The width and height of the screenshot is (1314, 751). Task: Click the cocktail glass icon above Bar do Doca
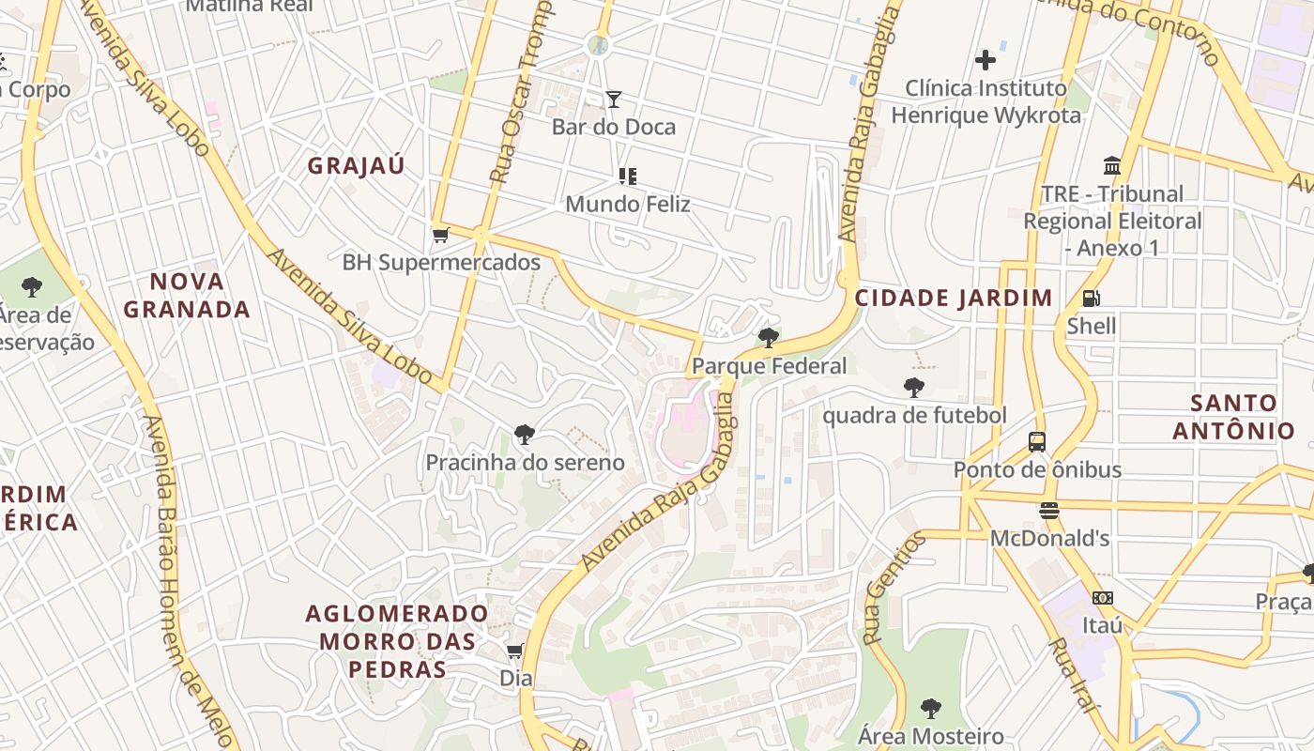tap(614, 99)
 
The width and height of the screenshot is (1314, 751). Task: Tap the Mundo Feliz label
tap(628, 204)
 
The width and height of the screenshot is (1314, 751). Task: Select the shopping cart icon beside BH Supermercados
tap(440, 235)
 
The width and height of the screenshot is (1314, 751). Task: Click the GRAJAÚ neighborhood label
tap(357, 166)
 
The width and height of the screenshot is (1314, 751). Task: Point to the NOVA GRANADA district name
tap(187, 295)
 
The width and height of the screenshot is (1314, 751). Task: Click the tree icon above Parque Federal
tap(769, 338)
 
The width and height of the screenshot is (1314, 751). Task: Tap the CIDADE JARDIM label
tap(954, 299)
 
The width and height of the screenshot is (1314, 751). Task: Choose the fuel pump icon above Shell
tap(1091, 299)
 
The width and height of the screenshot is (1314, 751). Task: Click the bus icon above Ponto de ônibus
tap(1037, 441)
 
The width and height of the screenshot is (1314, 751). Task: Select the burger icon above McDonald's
tap(1049, 511)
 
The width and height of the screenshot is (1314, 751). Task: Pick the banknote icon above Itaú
tap(1103, 597)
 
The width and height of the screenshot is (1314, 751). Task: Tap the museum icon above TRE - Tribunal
tap(1112, 166)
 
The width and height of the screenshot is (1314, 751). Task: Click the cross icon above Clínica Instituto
tap(985, 61)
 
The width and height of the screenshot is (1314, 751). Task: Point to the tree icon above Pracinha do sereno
tap(525, 434)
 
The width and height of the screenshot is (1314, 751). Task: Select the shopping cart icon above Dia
tap(515, 651)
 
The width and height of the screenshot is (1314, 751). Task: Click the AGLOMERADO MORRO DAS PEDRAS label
tap(396, 641)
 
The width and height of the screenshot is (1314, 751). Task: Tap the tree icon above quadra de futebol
tap(913, 387)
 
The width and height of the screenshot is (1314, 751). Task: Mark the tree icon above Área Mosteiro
tap(930, 708)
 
